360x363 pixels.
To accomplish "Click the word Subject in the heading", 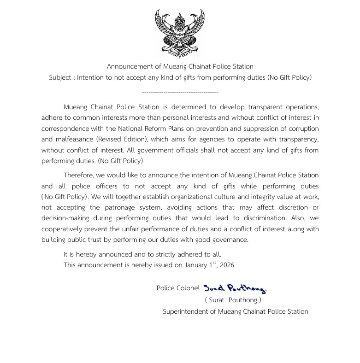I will pyautogui.click(x=61, y=77).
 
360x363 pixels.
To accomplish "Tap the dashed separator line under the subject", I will pyautogui.click(x=180, y=93).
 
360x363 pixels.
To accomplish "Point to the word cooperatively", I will pyautogui.click(x=62, y=229).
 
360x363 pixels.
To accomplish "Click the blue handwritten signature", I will pyautogui.click(x=235, y=289).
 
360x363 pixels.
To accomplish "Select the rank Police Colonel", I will pyautogui.click(x=178, y=288).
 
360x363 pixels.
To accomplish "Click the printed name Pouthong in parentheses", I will pyautogui.click(x=242, y=300).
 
